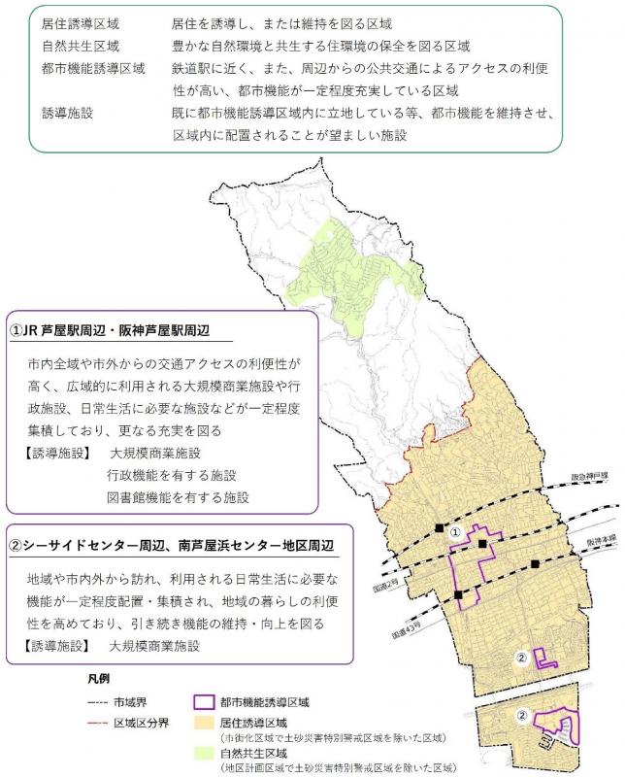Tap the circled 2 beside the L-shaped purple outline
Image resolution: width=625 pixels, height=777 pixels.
coord(521,658)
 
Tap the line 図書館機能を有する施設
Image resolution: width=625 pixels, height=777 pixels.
coord(180,495)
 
